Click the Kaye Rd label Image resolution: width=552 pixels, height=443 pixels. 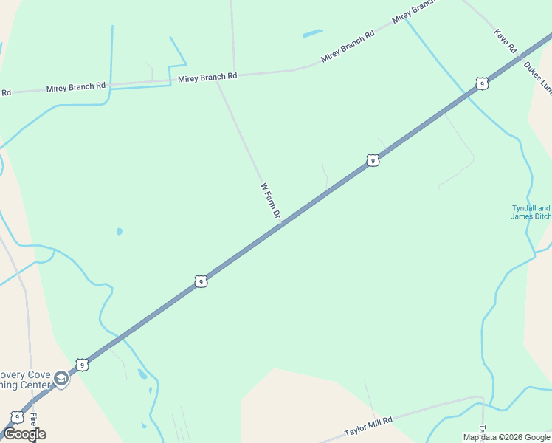(506, 41)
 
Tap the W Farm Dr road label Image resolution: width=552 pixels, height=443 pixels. (271, 201)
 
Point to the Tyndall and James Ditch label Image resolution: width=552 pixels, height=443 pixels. (531, 212)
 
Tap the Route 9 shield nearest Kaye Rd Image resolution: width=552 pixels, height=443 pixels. (481, 83)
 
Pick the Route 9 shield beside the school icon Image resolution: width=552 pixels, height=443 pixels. (82, 365)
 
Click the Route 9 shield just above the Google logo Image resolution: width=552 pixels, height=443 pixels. (17, 417)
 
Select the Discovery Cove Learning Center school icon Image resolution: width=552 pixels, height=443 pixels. (61, 380)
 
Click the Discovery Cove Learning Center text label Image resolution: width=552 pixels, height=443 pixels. (25, 379)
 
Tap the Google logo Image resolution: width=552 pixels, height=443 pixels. (24, 433)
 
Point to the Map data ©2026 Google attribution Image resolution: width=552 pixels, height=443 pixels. (506, 437)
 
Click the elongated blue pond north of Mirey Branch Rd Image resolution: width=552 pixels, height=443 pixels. (312, 33)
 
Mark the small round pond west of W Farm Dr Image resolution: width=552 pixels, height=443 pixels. (119, 231)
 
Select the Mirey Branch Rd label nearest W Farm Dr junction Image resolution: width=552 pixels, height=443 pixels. (207, 77)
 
